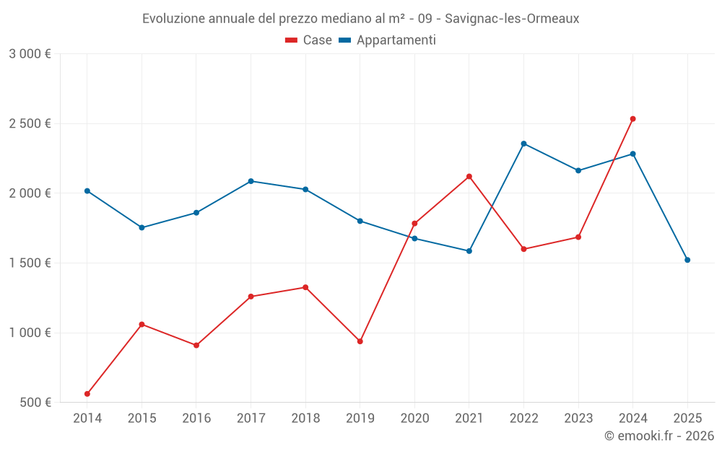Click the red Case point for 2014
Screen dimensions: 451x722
(87, 394)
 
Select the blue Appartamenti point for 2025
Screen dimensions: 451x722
(687, 260)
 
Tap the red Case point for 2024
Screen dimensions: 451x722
(632, 119)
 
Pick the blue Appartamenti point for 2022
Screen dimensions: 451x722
(523, 144)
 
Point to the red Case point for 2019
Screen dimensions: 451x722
(360, 341)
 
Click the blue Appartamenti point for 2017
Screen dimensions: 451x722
(251, 181)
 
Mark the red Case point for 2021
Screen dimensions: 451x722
(469, 176)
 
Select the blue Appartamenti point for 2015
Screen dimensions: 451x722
(142, 227)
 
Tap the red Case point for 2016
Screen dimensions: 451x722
(196, 345)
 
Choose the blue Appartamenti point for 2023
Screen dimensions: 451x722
(578, 170)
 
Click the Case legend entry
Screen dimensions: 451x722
(309, 40)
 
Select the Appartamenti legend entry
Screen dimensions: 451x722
(388, 40)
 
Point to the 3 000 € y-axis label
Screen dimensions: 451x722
(30, 54)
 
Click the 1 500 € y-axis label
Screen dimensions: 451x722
(30, 263)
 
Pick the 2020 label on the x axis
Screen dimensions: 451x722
(414, 418)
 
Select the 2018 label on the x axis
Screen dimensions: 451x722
(305, 418)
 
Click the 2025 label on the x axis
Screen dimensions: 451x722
(687, 418)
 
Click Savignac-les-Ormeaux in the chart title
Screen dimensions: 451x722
(512, 19)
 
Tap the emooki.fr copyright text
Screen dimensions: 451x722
(658, 436)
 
